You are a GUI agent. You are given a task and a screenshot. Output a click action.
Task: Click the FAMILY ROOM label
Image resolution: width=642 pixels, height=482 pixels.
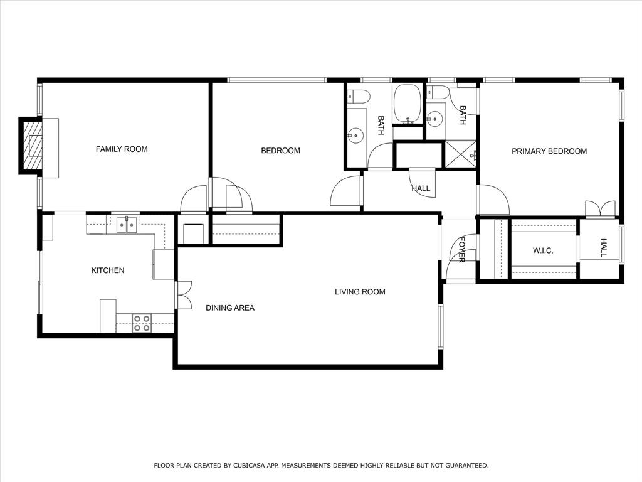[x=122, y=149]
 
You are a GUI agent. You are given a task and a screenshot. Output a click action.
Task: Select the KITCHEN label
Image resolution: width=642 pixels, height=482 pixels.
[x=108, y=270]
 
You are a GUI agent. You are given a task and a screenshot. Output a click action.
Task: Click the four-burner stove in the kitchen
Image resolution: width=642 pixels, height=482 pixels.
[x=142, y=323]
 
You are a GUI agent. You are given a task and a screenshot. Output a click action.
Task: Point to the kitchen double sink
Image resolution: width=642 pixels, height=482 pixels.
[x=127, y=224]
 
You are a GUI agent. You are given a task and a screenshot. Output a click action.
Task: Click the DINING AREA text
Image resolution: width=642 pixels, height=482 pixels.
[x=230, y=308]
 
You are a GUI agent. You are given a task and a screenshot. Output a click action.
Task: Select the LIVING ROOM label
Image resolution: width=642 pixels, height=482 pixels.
[x=360, y=292]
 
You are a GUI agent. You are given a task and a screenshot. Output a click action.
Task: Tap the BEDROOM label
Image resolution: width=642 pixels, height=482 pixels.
[x=280, y=151]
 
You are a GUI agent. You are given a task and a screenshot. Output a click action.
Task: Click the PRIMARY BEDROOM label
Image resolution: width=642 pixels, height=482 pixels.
[x=549, y=151]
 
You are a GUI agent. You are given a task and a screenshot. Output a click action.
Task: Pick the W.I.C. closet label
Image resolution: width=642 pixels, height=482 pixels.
[x=543, y=251]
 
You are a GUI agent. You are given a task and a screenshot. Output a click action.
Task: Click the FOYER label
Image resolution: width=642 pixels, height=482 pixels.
[x=462, y=249]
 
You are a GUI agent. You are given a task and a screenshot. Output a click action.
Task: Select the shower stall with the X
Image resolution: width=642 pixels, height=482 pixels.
[x=460, y=154]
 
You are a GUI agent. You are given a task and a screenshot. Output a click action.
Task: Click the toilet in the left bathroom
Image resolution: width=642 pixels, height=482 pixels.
[x=359, y=96]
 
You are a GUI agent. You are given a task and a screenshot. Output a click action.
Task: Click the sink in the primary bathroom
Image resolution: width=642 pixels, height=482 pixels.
[x=434, y=117]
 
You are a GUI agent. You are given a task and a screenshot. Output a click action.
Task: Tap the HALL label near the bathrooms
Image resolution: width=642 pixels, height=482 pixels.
[x=421, y=188]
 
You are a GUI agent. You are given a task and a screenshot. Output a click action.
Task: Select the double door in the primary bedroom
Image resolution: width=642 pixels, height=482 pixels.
[x=600, y=208]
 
